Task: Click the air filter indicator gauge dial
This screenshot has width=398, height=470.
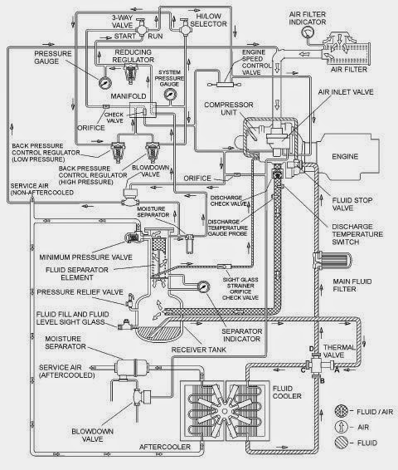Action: (x=307, y=32)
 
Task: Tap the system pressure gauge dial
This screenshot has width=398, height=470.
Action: (x=170, y=95)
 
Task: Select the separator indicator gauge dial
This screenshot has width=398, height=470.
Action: (x=203, y=286)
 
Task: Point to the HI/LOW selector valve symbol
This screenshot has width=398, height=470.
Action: (x=185, y=28)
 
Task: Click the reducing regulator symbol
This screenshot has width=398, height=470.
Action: (x=130, y=75)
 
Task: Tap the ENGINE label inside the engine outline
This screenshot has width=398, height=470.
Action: (x=345, y=156)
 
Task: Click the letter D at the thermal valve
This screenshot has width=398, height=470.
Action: (x=311, y=349)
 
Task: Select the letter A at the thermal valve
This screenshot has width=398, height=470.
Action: (x=337, y=370)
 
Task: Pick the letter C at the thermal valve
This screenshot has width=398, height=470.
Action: (x=303, y=370)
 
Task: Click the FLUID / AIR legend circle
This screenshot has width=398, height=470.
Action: (x=341, y=411)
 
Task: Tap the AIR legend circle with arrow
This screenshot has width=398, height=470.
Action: (x=341, y=427)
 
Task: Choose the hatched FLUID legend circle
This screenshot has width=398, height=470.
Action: (x=341, y=443)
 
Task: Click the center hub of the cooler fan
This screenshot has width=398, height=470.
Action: (x=225, y=411)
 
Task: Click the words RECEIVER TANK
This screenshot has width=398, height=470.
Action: (x=199, y=350)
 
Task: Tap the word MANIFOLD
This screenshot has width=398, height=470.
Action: (x=129, y=96)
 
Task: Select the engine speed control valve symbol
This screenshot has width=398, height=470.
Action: (x=225, y=85)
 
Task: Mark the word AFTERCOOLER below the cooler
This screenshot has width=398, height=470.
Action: (x=165, y=447)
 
